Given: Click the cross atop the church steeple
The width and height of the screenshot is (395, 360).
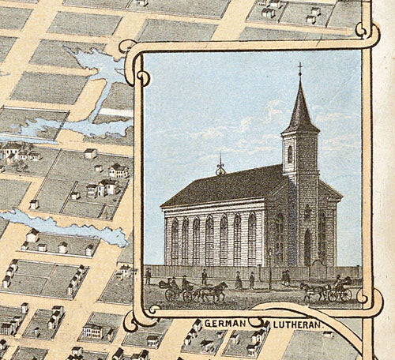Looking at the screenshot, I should pos(299,69).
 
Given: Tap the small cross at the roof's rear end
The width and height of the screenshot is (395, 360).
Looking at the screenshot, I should pos(220,167).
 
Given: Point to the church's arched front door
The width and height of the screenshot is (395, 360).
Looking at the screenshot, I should pos(307,247).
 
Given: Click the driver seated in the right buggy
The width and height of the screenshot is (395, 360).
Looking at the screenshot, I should pos(337,281).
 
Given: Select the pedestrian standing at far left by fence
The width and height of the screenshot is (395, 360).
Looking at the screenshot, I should pos(148,276).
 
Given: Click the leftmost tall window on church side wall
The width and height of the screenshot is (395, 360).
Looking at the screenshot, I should pos(175,242).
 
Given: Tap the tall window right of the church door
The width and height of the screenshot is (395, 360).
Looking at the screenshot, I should pos(322,237).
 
